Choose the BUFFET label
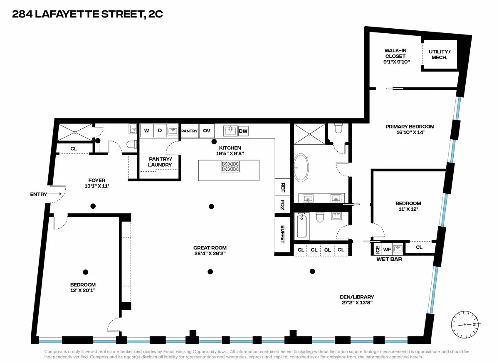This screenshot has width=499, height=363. (283, 234)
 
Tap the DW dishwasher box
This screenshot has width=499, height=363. (243, 131)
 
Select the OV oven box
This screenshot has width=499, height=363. (206, 131)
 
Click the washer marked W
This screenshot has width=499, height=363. (146, 131)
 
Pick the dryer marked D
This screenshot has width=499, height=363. (160, 131)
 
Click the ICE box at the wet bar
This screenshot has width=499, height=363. (377, 249)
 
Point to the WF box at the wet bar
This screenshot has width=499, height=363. (387, 249)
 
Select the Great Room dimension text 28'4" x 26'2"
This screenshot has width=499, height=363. (210, 253)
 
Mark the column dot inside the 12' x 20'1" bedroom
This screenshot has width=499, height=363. (85, 272)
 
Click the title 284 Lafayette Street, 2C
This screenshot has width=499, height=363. (87, 15)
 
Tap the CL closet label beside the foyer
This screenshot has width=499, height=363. (74, 148)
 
